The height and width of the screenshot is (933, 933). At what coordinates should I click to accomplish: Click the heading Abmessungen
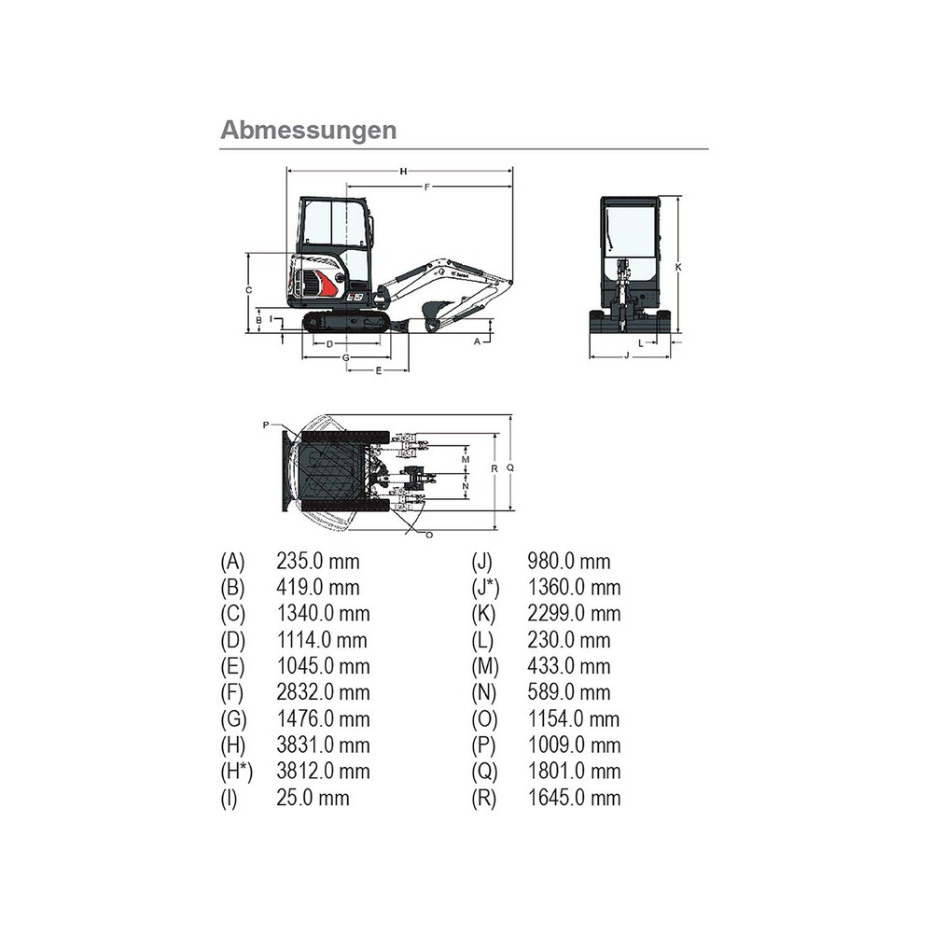pos(308,130)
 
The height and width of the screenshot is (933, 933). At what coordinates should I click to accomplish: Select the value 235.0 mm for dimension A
pos(317,562)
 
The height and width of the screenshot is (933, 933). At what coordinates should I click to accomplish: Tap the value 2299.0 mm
pos(574,614)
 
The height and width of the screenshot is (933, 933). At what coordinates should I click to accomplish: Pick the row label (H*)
pos(236,772)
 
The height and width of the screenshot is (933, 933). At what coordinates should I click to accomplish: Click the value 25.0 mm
pos(313,798)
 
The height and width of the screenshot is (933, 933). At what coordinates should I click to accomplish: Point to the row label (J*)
pos(486,588)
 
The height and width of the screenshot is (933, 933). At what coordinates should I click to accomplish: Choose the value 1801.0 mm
pos(574,772)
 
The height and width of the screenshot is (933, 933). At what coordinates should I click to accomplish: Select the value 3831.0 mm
pos(323,745)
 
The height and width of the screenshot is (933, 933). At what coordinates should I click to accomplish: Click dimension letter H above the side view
pos(403,171)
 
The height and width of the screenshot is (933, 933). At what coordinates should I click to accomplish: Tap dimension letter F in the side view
pos(426,188)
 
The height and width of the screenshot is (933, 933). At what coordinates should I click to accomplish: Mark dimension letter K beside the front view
pos(678,267)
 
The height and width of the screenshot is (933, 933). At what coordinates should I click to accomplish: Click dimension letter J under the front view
pos(625,356)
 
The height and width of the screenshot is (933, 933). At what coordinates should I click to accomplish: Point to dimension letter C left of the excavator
pos(248,290)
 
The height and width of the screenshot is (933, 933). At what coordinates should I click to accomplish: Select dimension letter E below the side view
pos(378,371)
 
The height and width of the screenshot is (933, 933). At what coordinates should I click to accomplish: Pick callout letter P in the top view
pos(266,425)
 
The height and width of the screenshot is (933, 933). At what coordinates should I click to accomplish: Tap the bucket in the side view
pos(434,313)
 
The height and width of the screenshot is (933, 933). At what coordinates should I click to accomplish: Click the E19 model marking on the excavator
pos(355,297)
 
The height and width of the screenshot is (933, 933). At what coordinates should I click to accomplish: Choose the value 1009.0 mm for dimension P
pos(574,745)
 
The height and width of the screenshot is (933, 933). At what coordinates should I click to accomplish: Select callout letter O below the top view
pos(428,535)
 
